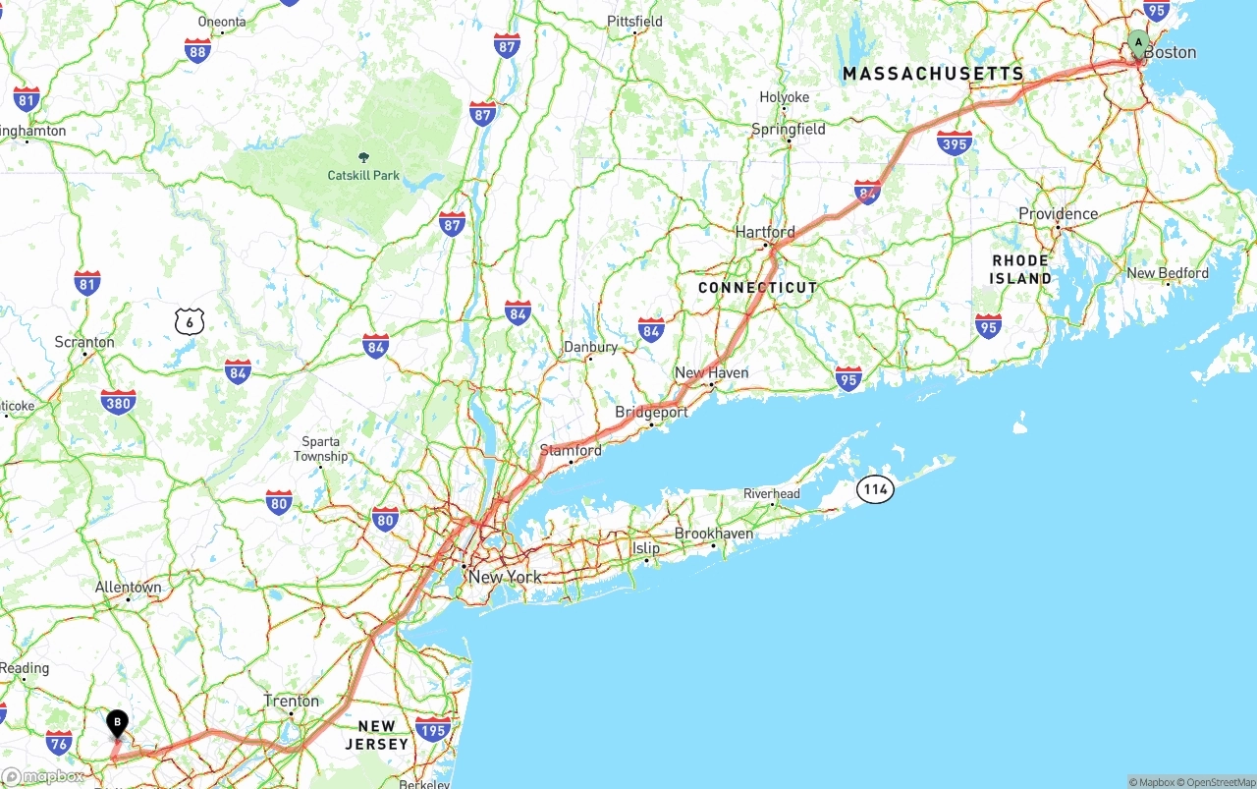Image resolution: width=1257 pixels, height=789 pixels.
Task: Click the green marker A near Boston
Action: pos(1138,43)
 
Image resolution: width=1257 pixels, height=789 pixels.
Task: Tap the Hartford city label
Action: pos(765,233)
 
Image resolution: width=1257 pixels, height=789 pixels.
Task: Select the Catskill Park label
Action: pos(363,175)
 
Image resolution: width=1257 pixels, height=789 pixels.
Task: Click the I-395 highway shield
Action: pos(955,143)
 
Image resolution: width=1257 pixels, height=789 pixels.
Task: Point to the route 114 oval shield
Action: pos(875,488)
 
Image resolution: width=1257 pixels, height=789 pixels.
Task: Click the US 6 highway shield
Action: pos(190,320)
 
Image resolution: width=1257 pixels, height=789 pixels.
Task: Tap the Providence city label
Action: pos(1058,214)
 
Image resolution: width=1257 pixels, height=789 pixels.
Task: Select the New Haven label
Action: pos(711,373)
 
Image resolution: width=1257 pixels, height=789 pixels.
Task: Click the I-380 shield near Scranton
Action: pos(118,402)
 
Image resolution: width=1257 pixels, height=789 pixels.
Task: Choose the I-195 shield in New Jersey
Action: pos(433,729)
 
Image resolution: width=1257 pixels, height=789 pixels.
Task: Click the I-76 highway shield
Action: pos(59,743)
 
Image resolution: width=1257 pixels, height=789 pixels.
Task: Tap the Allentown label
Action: pos(128,588)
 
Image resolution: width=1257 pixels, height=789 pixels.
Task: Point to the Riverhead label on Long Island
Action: pos(771,494)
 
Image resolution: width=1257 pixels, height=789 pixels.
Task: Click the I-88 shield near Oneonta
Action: pos(197,51)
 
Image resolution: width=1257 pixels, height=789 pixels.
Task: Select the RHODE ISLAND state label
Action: pos(1020,269)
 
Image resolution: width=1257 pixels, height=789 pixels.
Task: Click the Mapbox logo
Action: pos(43,776)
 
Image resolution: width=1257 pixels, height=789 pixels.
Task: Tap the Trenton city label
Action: pos(292,702)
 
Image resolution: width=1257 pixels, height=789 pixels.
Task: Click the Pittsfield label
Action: pos(634,22)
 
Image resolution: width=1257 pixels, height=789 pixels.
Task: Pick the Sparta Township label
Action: pos(321,449)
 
